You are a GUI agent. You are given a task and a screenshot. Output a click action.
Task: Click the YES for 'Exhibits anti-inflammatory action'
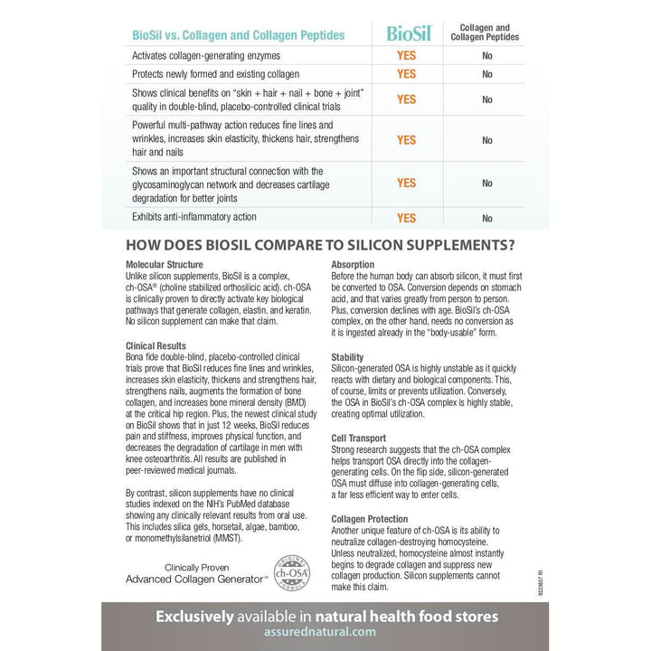click(x=406, y=218)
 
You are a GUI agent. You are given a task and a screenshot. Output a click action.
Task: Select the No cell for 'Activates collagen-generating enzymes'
click(x=487, y=56)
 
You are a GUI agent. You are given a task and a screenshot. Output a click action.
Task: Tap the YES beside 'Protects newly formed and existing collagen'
click(x=406, y=74)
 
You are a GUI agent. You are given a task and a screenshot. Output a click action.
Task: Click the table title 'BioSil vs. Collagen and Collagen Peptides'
click(x=225, y=35)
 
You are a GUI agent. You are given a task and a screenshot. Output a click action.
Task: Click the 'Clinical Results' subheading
click(x=157, y=346)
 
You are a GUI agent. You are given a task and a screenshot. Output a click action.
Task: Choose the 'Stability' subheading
click(x=347, y=358)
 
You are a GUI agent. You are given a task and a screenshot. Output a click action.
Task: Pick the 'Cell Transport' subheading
click(x=359, y=438)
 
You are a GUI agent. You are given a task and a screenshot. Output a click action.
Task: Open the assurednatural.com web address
click(x=325, y=636)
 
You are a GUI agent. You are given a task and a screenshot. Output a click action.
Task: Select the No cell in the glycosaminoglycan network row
click(x=487, y=184)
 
